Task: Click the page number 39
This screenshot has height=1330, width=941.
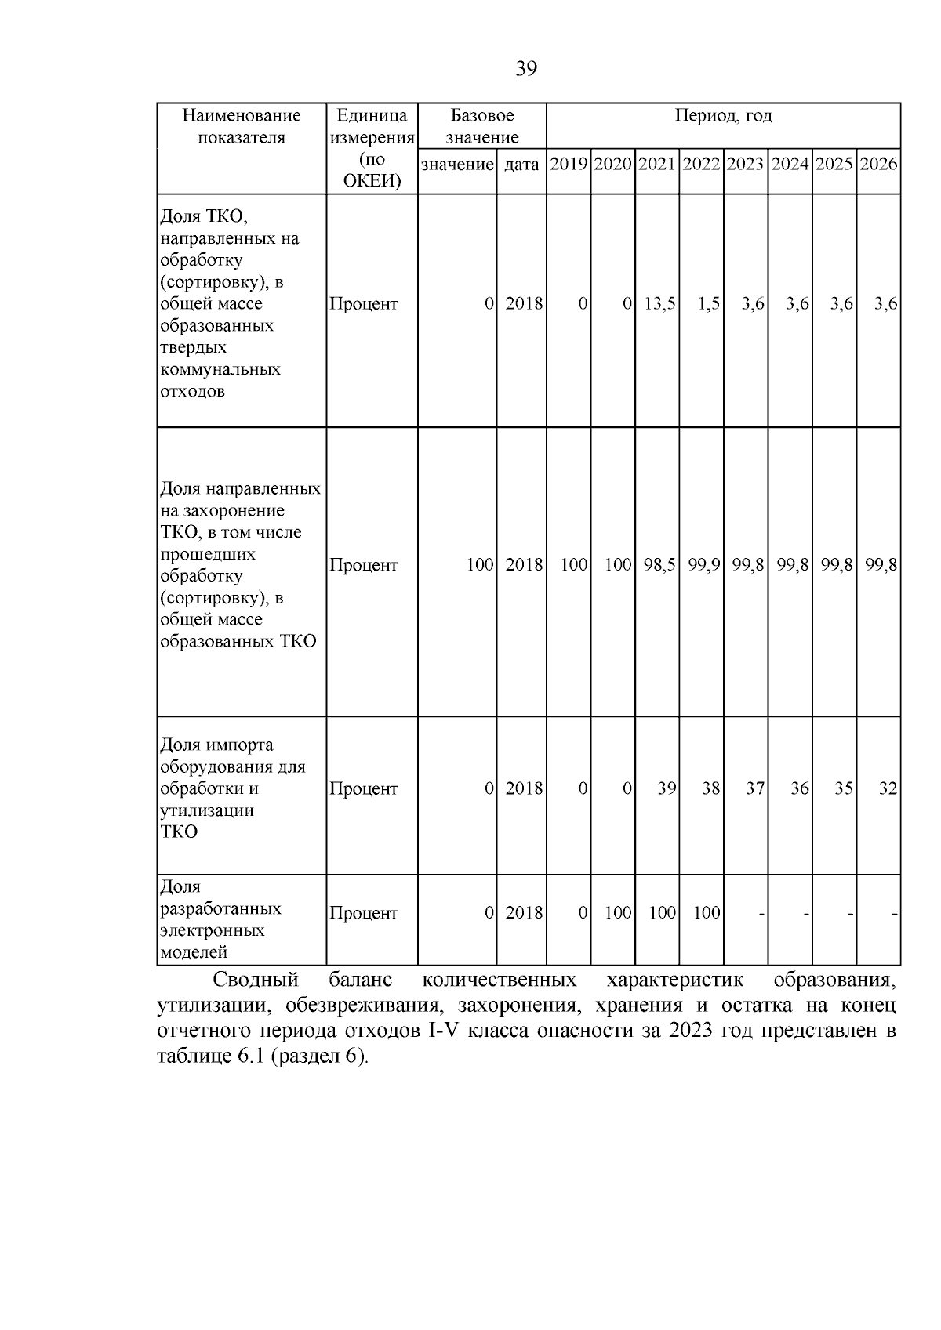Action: [x=526, y=70]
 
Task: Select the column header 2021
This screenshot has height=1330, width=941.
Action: [x=657, y=165]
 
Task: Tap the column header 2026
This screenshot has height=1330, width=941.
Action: [x=878, y=165]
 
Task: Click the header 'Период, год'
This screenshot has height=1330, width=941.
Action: [x=723, y=116]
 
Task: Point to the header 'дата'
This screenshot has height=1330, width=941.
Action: [x=521, y=165]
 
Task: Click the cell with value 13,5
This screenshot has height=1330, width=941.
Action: [x=659, y=304]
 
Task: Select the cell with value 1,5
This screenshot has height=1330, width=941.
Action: [x=708, y=304]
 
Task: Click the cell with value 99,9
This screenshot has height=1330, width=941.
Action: [x=703, y=565]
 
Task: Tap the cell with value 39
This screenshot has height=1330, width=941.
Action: [x=667, y=788]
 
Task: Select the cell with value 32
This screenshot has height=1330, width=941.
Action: [x=888, y=788]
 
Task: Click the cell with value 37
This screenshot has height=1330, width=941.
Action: [x=755, y=788]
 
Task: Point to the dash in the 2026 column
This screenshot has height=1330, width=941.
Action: [x=895, y=914]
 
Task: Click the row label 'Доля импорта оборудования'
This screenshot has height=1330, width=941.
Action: [x=232, y=788]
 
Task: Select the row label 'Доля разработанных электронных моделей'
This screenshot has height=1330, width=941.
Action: [x=220, y=920]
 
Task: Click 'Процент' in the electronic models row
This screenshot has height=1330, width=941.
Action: [x=364, y=913]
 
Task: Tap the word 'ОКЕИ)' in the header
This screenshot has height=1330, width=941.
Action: [x=372, y=182]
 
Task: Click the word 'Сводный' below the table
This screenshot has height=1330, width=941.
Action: [x=256, y=980]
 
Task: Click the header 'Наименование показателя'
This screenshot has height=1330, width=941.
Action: [x=242, y=126]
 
